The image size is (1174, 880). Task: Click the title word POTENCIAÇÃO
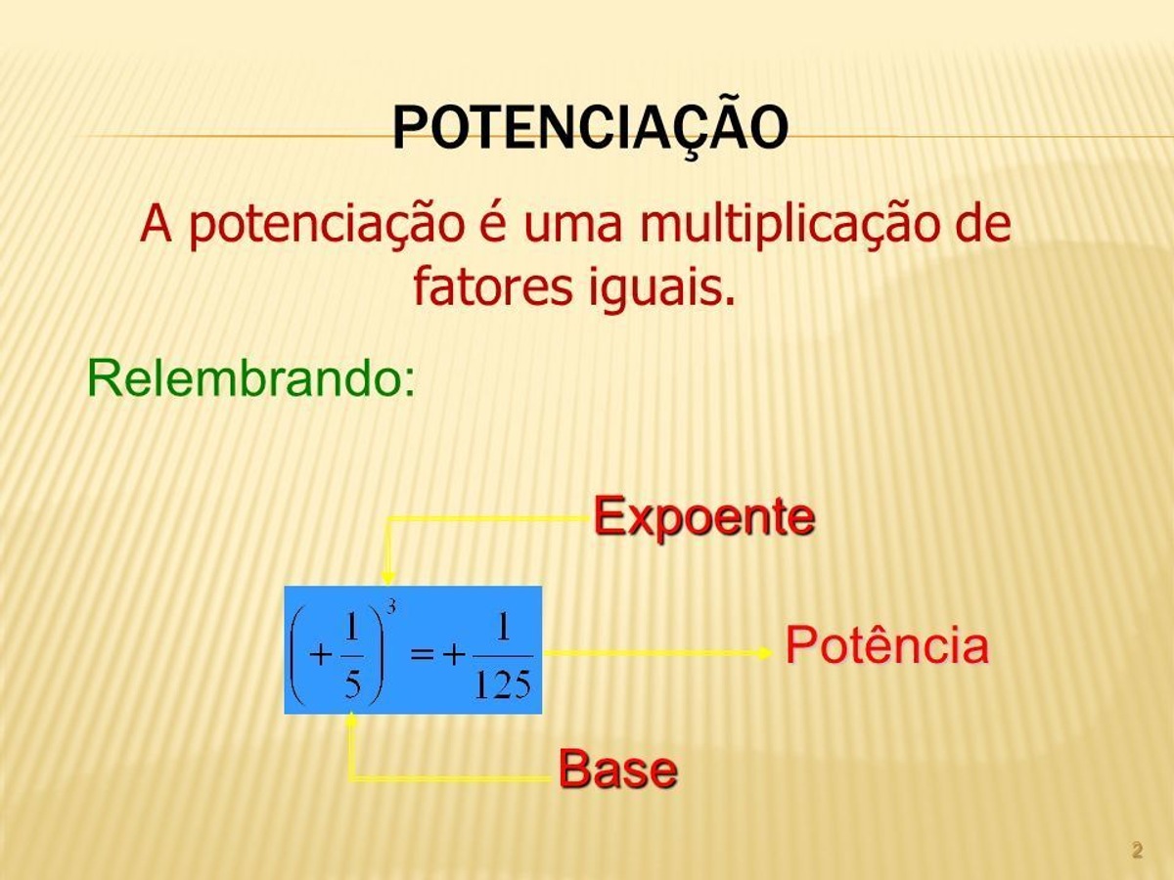(x=591, y=127)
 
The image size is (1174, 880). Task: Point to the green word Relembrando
(x=250, y=377)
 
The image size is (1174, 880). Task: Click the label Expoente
(x=704, y=516)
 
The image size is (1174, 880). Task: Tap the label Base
(x=618, y=769)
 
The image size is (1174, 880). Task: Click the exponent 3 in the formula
(x=391, y=606)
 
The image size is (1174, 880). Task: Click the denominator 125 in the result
(x=503, y=684)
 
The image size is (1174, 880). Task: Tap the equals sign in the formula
(x=422, y=654)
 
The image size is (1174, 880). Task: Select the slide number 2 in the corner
(x=1137, y=850)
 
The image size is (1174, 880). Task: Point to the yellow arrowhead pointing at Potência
(x=765, y=652)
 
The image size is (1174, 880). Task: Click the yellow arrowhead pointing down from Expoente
(x=387, y=577)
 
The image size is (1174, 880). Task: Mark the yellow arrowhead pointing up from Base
(x=351, y=719)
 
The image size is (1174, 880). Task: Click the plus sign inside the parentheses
(x=321, y=654)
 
